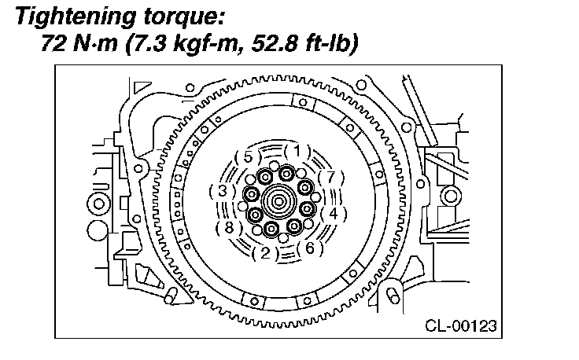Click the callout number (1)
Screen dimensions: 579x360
297,151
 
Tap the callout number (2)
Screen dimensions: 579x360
266,253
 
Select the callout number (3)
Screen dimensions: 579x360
223,192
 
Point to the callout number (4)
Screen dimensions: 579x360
334,214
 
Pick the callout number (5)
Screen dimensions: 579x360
248,157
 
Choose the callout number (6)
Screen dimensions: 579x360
310,248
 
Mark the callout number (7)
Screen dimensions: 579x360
331,178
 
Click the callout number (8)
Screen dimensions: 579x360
229,228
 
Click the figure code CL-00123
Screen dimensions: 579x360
461,326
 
